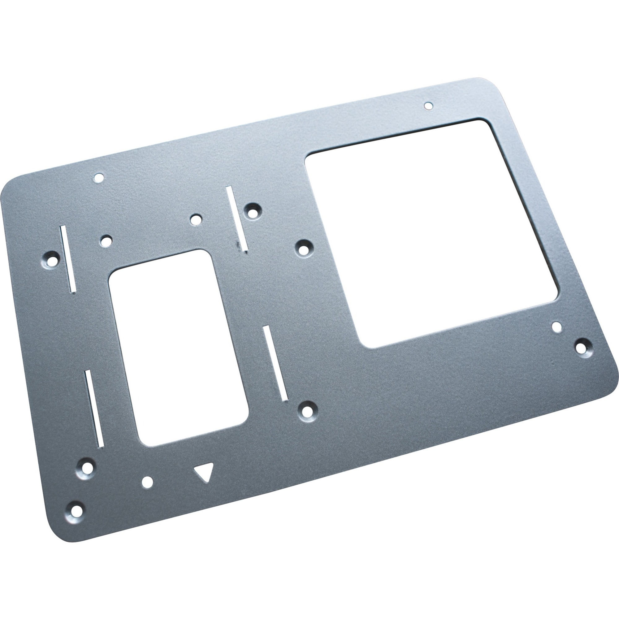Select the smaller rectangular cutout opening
(178, 348)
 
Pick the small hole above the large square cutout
(428, 106)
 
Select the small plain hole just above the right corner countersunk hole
(557, 327)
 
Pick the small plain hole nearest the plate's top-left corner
(99, 177)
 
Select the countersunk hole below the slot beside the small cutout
(307, 410)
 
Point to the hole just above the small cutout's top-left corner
(106, 240)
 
